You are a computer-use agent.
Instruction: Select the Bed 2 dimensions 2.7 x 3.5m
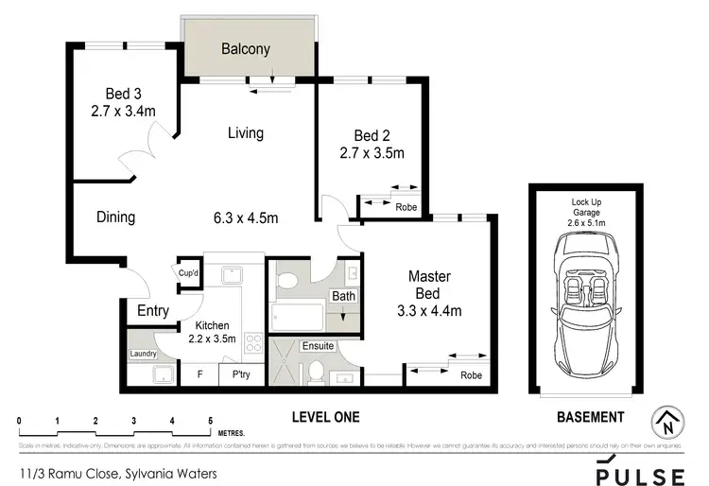pyautogui.click(x=372, y=153)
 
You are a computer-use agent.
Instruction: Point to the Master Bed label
pyautogui.click(x=428, y=285)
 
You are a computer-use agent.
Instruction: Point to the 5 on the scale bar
pyautogui.click(x=210, y=420)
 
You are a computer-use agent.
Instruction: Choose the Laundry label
pyautogui.click(x=143, y=355)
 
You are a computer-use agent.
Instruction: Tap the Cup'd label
pyautogui.click(x=189, y=274)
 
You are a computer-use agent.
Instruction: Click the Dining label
pyautogui.click(x=115, y=217)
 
